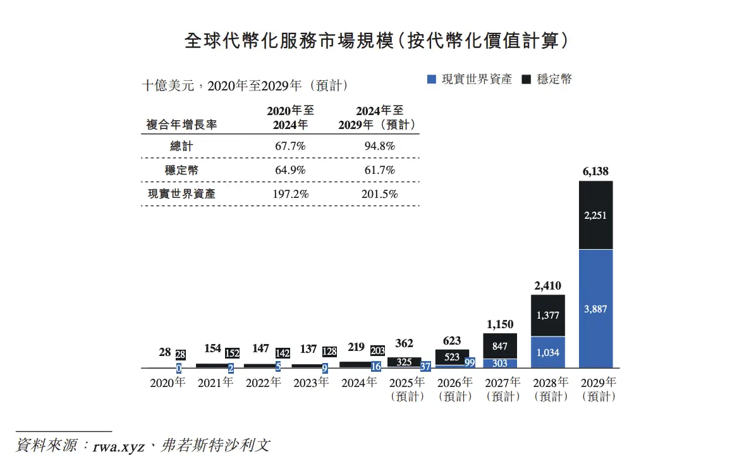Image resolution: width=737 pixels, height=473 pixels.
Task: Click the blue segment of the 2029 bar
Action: (x=596, y=309)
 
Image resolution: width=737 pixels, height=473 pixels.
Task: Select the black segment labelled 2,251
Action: (x=596, y=215)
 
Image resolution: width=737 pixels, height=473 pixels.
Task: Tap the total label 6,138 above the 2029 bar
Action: (x=596, y=171)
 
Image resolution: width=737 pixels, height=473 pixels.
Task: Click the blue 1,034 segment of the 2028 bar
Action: (x=548, y=352)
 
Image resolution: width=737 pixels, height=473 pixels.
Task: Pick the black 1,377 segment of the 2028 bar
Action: (x=548, y=315)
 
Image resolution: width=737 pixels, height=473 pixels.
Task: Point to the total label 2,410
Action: (x=548, y=285)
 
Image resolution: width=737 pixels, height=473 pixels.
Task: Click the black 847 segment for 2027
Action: (x=500, y=346)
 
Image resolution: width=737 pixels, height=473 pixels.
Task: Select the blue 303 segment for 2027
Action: (x=500, y=364)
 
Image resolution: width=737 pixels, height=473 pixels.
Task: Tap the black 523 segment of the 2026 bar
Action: (x=452, y=357)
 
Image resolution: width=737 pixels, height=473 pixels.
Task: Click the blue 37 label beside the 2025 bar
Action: (x=425, y=366)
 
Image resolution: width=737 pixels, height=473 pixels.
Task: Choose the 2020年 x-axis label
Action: (x=167, y=383)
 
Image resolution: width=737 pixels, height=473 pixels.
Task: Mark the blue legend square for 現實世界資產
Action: (x=432, y=80)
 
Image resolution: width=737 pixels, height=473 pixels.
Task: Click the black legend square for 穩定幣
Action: (x=527, y=80)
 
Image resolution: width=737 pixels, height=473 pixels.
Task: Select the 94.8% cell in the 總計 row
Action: (x=379, y=146)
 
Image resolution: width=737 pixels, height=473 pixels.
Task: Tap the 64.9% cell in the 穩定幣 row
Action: (x=290, y=170)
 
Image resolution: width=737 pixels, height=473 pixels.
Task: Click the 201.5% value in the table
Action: (x=379, y=194)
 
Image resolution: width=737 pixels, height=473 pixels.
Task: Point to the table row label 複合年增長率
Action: (x=181, y=125)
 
